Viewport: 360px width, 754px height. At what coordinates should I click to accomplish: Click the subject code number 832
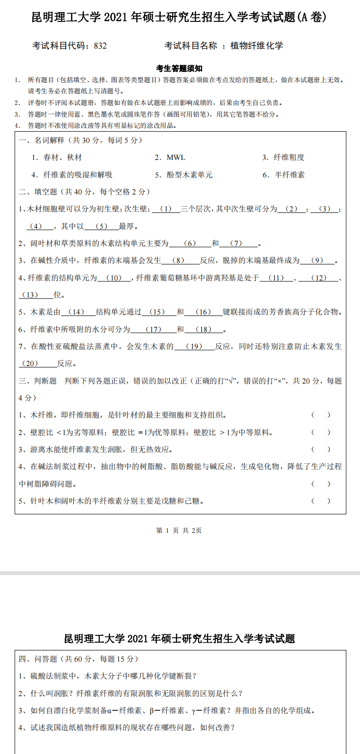[x=100, y=46]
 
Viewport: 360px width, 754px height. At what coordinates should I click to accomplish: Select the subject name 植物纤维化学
[x=257, y=46]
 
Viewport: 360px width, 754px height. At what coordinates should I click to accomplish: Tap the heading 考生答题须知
[x=179, y=69]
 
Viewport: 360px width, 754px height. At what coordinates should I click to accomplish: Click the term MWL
[x=176, y=158]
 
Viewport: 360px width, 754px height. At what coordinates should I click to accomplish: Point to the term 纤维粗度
[x=289, y=158]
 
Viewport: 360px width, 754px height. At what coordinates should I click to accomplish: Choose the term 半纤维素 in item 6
[x=290, y=175]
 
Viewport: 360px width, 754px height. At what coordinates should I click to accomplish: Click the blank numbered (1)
[x=166, y=209]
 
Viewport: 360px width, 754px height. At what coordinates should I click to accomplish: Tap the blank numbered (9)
[x=317, y=261]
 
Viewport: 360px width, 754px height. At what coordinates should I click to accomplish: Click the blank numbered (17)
[x=153, y=330]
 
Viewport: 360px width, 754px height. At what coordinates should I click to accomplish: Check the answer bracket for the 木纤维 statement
[x=321, y=415]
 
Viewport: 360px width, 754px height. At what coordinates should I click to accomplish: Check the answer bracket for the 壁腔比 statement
[x=321, y=432]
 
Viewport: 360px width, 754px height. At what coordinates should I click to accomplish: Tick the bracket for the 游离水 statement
[x=321, y=449]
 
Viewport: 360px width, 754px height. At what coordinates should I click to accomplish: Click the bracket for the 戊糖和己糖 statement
[x=321, y=501]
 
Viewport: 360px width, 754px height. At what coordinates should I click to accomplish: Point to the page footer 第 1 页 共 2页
[x=179, y=530]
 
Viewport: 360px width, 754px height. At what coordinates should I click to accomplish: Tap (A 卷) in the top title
[x=311, y=18]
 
